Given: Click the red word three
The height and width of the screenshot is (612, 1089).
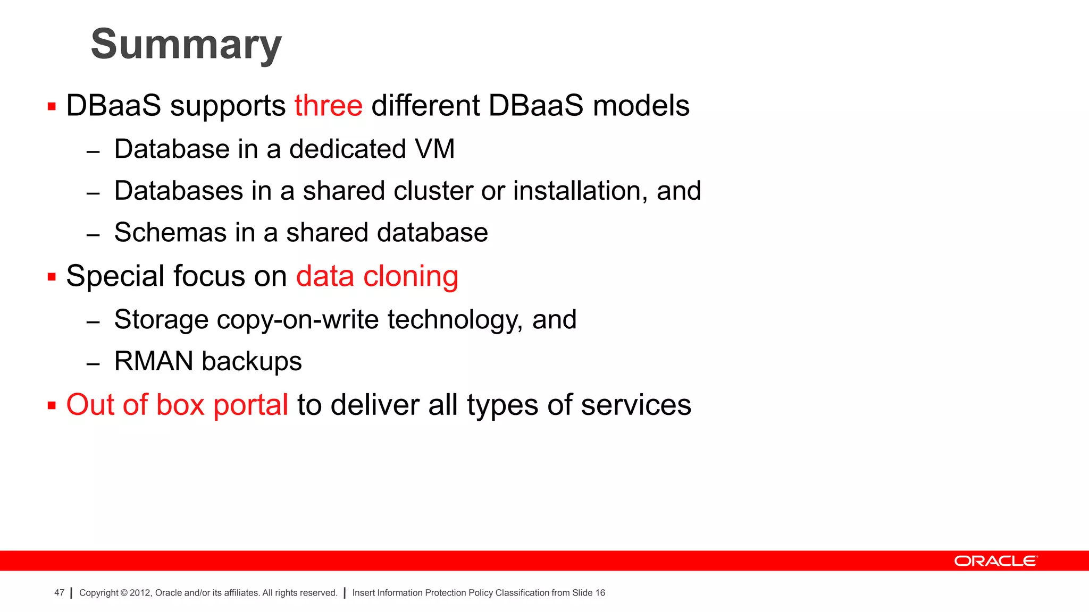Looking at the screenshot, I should point(328,106).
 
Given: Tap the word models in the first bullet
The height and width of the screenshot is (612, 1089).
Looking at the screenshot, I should point(641,106).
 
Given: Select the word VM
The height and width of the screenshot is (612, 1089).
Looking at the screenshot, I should point(435,149).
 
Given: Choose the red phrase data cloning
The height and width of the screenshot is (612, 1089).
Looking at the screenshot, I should point(377,276).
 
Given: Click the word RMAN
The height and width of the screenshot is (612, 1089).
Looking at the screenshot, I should point(154,361).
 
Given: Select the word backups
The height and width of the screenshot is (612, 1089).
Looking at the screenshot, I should point(252,362).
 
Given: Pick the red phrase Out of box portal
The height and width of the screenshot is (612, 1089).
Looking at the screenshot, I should point(177,405).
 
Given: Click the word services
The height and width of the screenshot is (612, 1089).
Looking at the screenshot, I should point(636,405).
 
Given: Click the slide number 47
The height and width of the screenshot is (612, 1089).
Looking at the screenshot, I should point(59,593).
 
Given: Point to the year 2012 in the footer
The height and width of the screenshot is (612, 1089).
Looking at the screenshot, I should point(140,593).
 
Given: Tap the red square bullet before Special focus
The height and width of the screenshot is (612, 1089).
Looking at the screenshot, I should point(52,277).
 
